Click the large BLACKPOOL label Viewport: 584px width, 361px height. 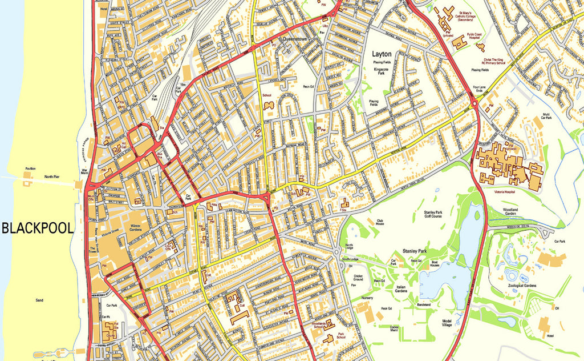[38, 228]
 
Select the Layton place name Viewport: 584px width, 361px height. [382, 54]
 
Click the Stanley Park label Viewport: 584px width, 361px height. [415, 250]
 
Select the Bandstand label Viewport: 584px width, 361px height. [424, 305]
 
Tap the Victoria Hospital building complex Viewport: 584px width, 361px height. [508, 166]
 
